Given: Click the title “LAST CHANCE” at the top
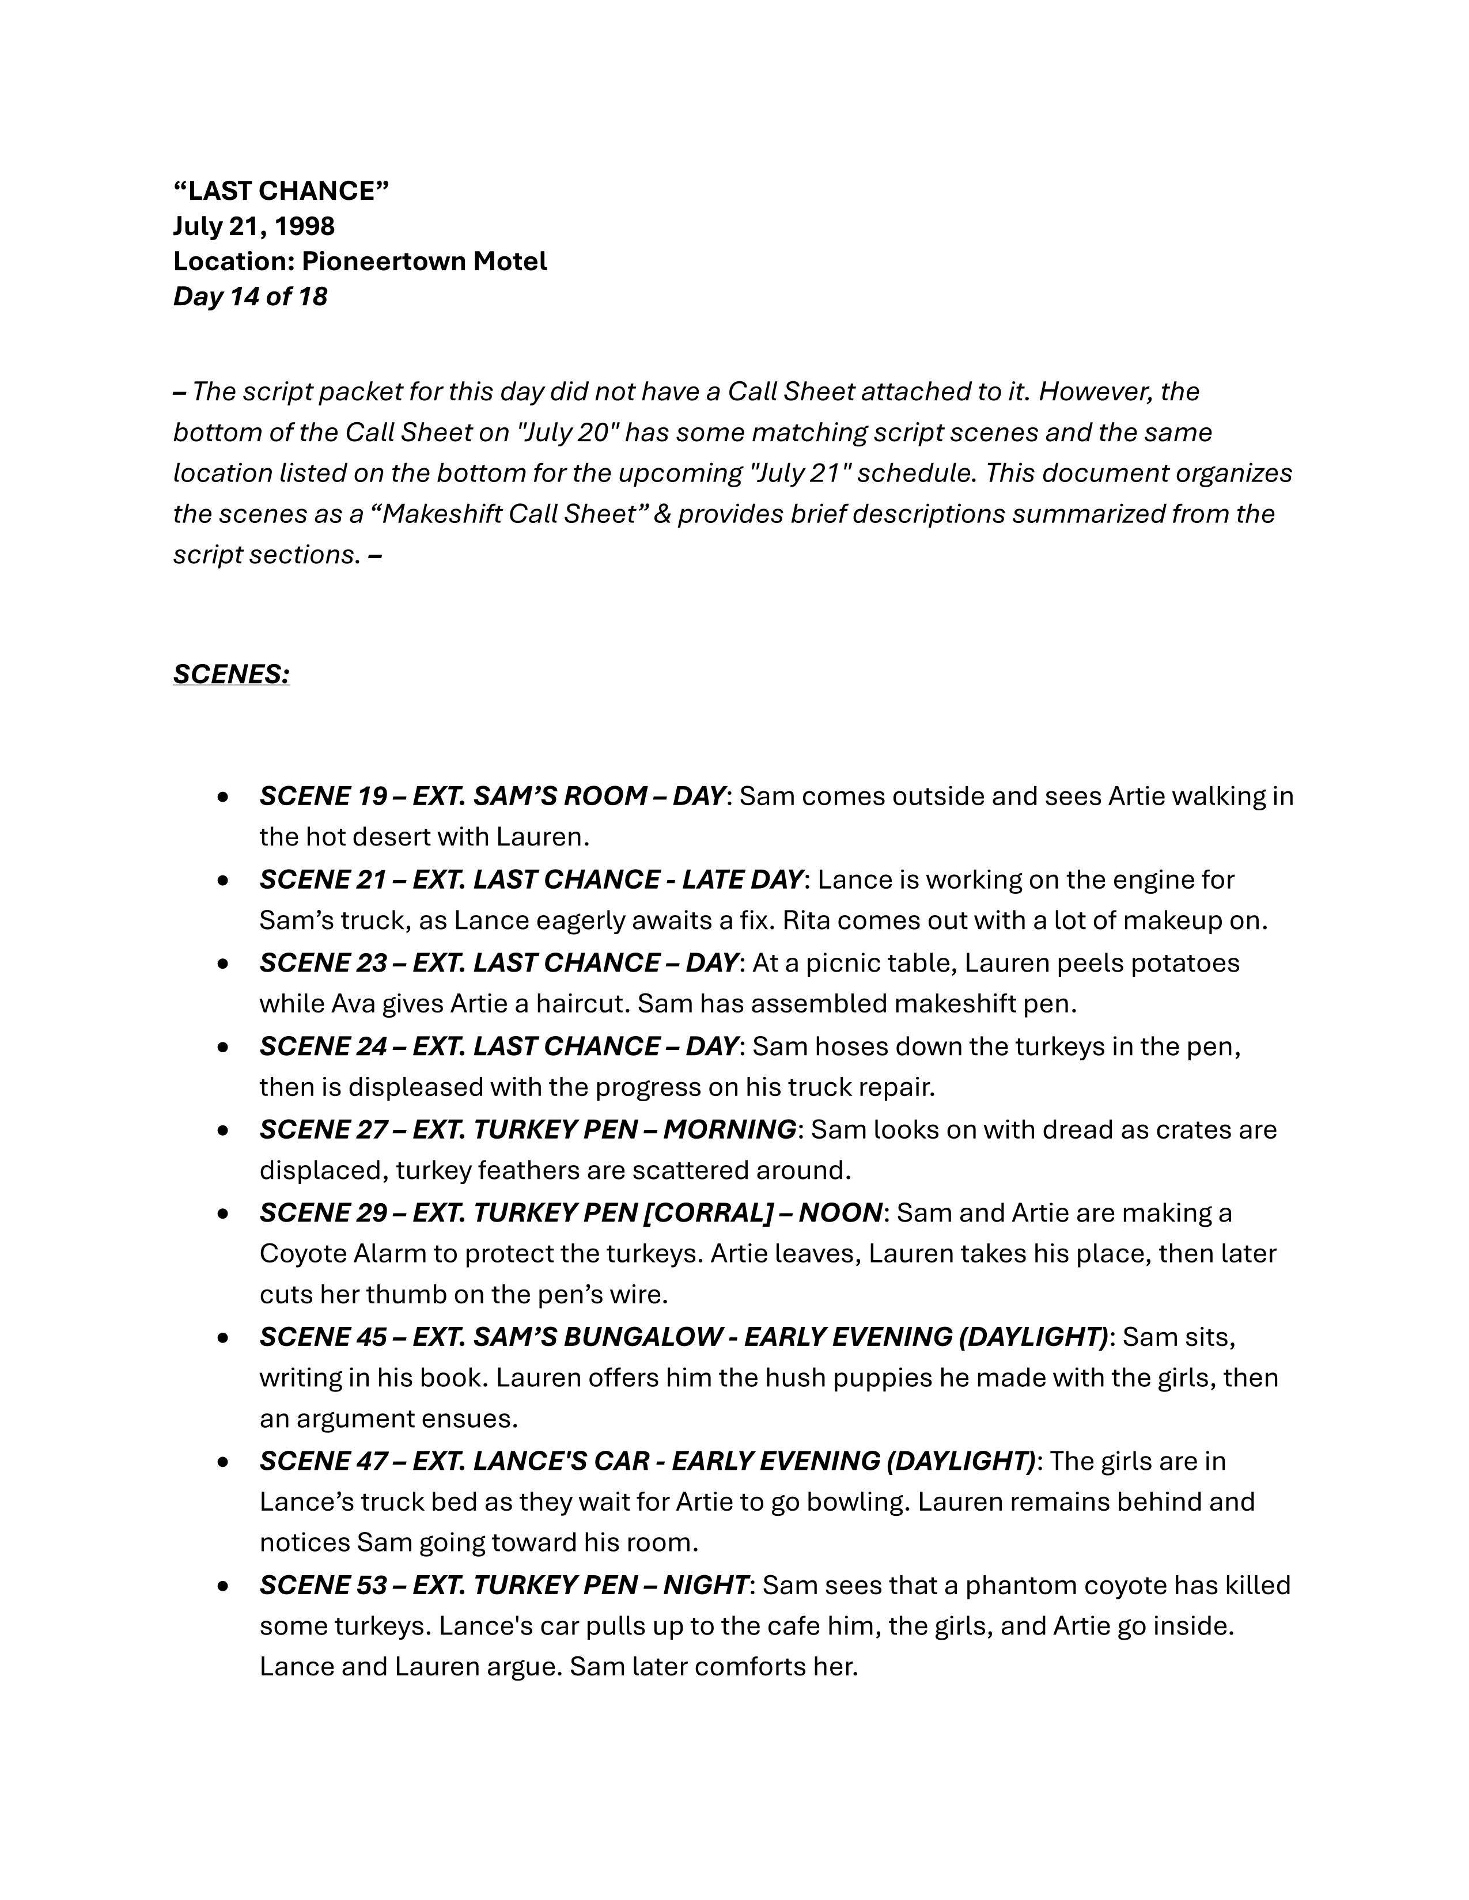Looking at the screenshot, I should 281,191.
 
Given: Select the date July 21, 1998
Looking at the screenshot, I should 253,226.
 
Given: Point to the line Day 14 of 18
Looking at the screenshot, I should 250,297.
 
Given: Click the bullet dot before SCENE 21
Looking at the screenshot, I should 224,881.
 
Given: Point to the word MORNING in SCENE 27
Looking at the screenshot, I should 729,1129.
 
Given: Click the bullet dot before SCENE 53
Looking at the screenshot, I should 224,1586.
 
